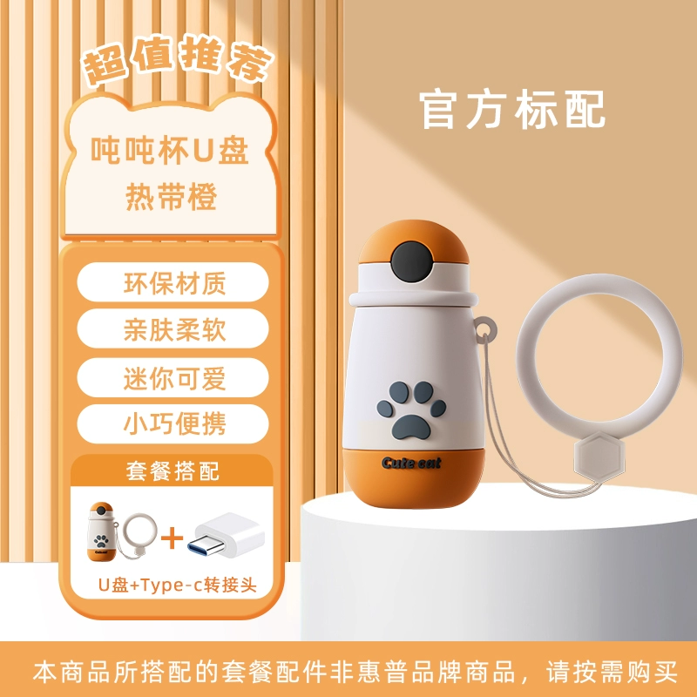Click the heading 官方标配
[511, 110]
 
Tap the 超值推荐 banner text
[179, 60]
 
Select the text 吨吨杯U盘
[169, 150]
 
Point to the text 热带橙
[171, 197]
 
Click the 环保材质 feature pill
[173, 282]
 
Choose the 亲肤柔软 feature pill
[173, 329]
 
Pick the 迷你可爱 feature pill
[173, 378]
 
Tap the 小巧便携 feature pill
[173, 424]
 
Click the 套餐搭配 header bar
[172, 470]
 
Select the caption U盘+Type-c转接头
[178, 585]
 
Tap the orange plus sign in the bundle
[172, 538]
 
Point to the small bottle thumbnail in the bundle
[101, 531]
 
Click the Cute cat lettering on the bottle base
[411, 464]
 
